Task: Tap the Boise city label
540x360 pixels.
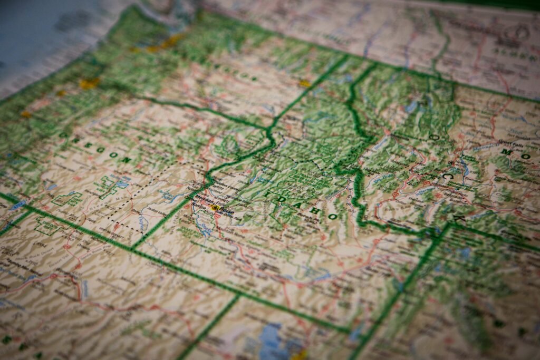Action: (x=227, y=211)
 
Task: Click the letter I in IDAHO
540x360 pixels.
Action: (x=268, y=195)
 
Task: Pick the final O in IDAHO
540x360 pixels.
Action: (x=332, y=217)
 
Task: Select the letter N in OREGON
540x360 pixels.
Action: (x=127, y=160)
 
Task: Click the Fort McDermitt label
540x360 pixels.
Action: (x=110, y=232)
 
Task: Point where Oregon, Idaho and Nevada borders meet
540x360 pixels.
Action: (x=132, y=248)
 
